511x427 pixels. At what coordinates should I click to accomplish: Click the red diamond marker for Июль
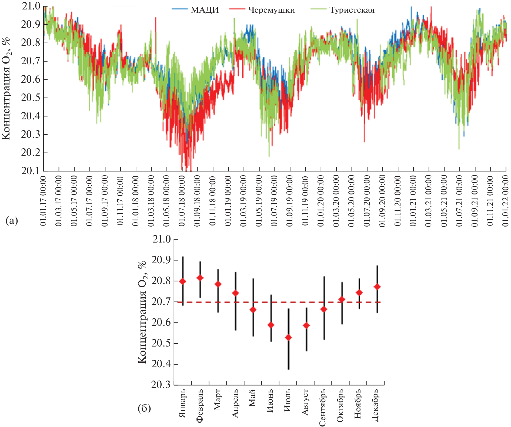click(288, 338)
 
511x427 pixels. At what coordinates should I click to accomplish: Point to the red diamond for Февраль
click(200, 278)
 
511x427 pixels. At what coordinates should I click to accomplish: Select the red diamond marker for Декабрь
click(377, 287)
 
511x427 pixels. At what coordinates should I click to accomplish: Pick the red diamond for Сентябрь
click(324, 309)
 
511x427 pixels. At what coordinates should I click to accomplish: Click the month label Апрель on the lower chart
click(235, 403)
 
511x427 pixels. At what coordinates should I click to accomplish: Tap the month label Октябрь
click(340, 405)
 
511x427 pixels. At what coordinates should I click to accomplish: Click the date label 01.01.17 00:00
click(43, 201)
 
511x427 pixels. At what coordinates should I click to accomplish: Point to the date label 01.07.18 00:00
click(182, 201)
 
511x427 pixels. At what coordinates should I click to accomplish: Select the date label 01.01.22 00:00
click(506, 201)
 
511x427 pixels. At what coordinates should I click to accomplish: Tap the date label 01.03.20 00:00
click(336, 201)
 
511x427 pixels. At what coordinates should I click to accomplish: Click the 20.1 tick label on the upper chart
click(30, 171)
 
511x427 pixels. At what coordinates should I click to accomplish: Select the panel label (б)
click(144, 408)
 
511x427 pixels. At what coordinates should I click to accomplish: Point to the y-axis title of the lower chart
click(142, 312)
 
